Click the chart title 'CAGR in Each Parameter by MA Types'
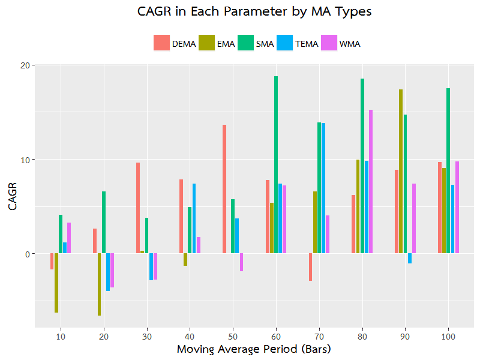254,13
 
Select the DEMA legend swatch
161,43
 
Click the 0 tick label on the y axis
26,254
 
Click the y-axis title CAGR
13,196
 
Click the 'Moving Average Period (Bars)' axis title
254,349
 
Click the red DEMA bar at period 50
224,189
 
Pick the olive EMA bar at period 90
401,172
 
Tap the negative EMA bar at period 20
99,284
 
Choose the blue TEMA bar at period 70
323,188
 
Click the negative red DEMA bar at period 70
310,267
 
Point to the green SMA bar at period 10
61,234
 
